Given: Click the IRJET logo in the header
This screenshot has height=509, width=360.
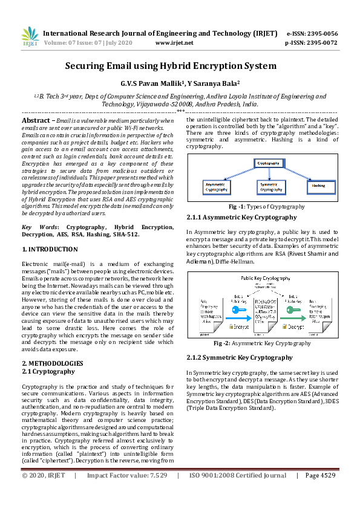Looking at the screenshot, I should [30, 37].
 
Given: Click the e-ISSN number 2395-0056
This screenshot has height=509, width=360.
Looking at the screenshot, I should [321, 33].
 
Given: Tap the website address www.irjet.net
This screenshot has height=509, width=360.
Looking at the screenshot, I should [174, 43].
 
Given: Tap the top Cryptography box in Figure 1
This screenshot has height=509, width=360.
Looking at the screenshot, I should [269, 164].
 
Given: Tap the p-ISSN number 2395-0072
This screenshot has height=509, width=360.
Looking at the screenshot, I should [321, 43].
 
